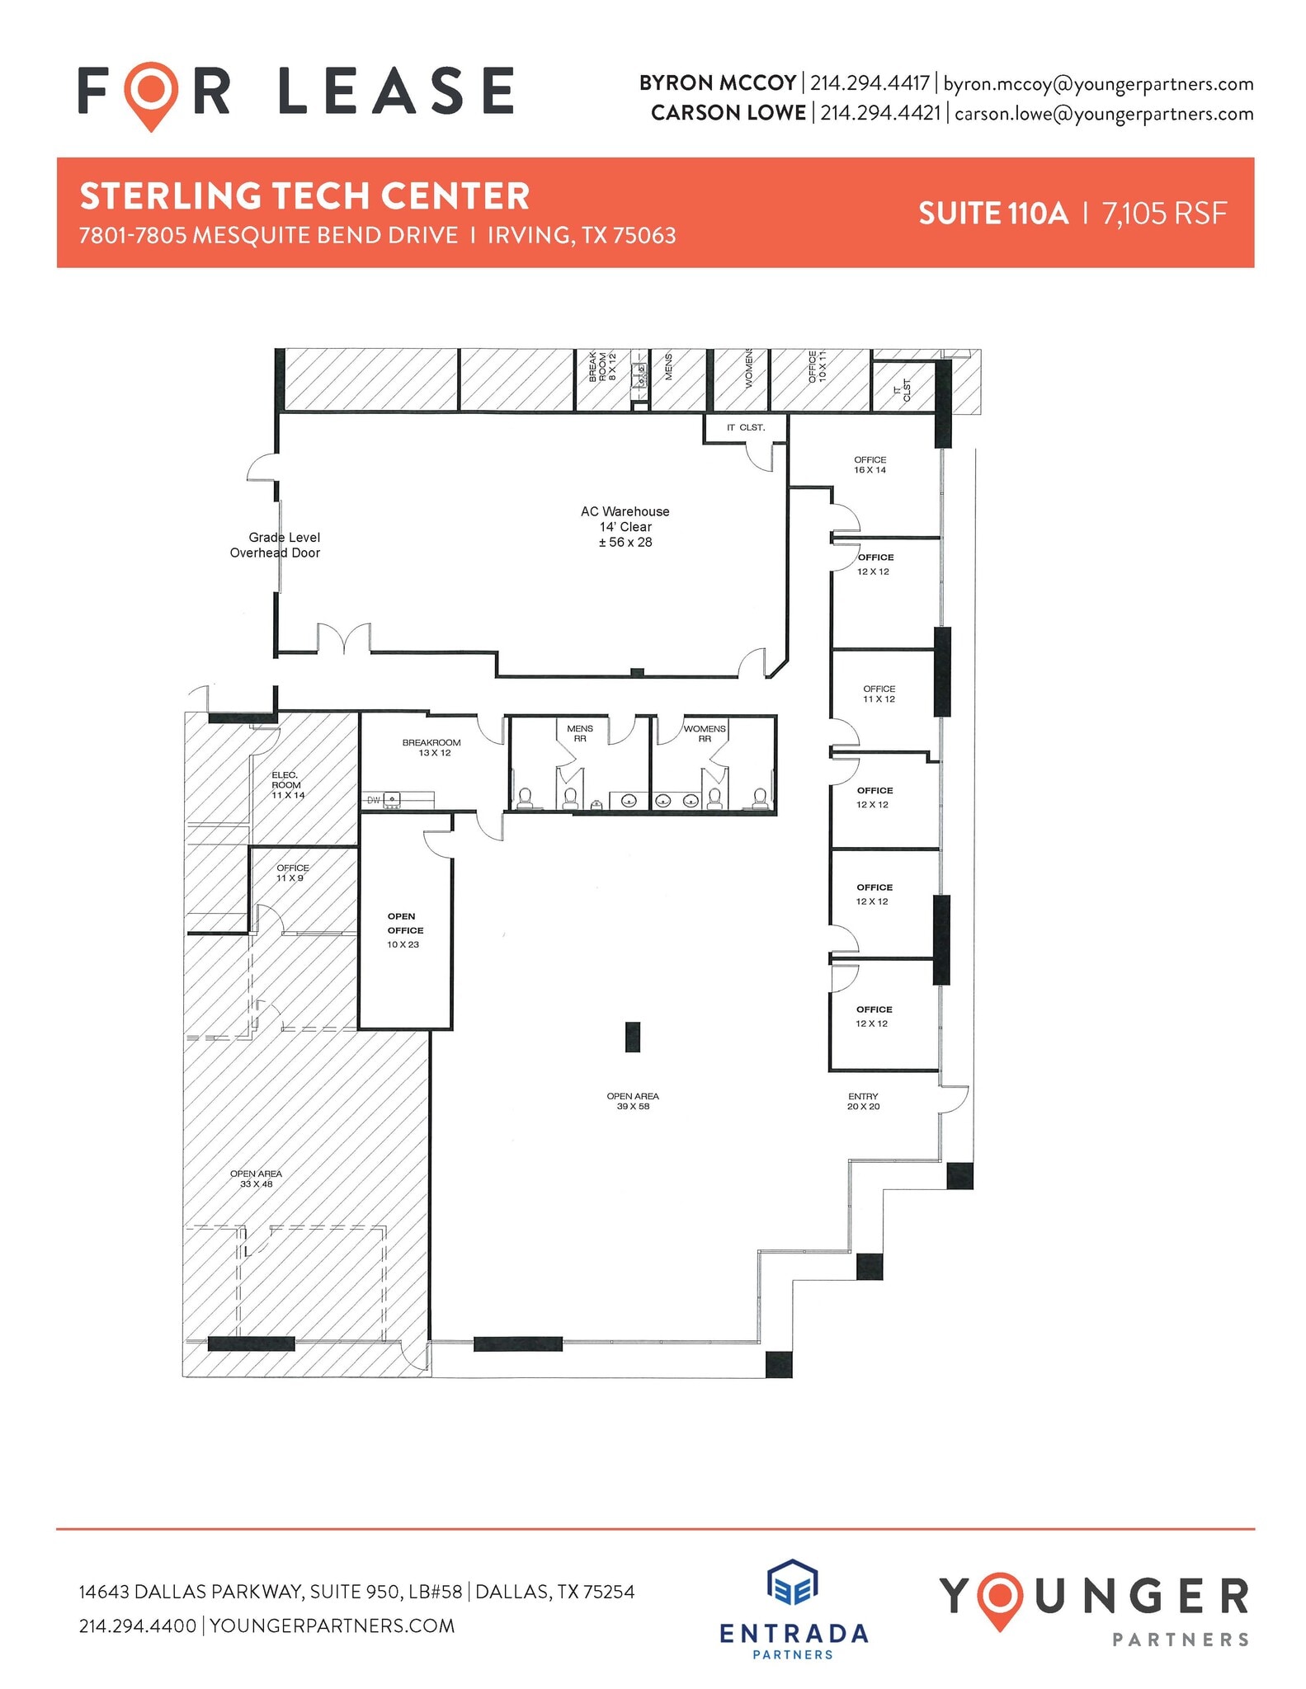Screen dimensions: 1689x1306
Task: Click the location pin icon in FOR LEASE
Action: click(151, 95)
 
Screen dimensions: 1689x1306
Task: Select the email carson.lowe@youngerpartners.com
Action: click(1103, 114)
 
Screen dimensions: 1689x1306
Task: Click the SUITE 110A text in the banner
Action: click(992, 214)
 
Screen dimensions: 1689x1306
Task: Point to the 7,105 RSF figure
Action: click(1164, 214)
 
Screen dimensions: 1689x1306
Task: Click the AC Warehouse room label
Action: click(625, 526)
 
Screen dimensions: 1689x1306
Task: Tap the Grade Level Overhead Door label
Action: click(276, 545)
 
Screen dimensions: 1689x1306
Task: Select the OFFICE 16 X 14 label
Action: click(870, 465)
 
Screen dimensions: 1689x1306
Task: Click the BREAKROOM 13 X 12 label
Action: click(431, 748)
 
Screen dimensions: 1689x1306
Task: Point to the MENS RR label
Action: click(580, 733)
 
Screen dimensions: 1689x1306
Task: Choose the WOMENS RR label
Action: click(705, 733)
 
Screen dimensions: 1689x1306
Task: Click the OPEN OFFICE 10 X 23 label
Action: click(404, 930)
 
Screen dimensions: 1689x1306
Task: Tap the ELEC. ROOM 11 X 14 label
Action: click(287, 785)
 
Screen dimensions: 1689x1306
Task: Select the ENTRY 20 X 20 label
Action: click(863, 1102)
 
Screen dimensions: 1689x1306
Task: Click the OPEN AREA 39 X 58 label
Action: click(633, 1101)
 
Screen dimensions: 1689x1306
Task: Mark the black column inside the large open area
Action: click(632, 1037)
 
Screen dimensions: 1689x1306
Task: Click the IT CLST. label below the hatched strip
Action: click(745, 427)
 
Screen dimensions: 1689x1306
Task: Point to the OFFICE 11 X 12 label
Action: click(879, 694)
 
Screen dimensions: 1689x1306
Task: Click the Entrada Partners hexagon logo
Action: click(792, 1584)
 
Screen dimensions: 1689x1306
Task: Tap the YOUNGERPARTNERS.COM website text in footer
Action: click(332, 1625)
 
